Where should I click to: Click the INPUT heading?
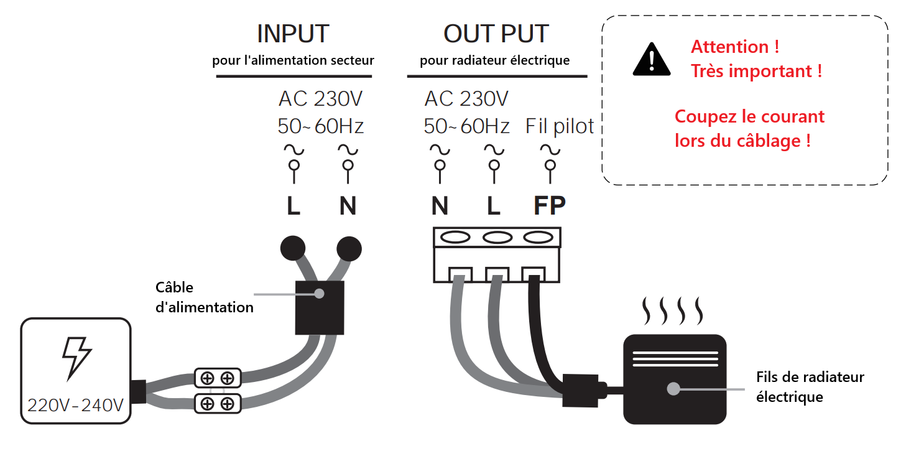click(293, 34)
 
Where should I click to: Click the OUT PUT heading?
click(496, 34)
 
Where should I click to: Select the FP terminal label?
click(550, 206)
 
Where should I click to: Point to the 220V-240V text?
click(75, 406)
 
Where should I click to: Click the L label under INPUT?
click(294, 207)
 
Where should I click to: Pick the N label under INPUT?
click(348, 207)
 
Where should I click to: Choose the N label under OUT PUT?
click(440, 206)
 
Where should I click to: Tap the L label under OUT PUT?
click(494, 206)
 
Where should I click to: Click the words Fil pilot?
click(560, 126)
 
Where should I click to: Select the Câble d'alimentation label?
click(204, 297)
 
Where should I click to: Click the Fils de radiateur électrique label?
click(810, 386)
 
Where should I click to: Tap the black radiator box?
click(675, 379)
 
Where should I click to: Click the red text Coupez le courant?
click(749, 117)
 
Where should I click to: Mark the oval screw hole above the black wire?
click(539, 237)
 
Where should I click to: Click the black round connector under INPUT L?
click(293, 248)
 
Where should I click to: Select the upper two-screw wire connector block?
click(218, 378)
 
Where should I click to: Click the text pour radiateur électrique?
click(494, 60)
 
